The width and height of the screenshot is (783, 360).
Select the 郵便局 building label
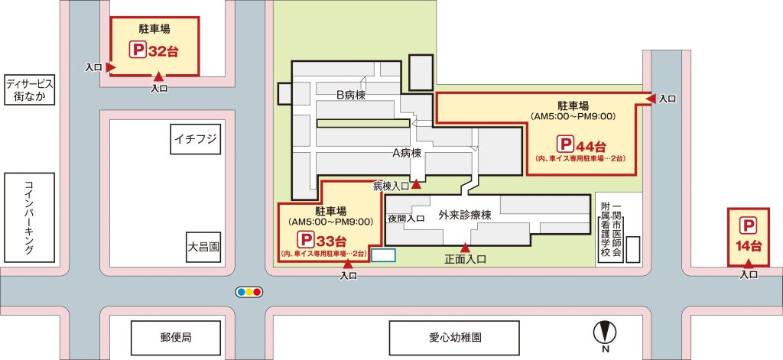[x=177, y=336]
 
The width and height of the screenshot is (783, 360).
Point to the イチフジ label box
[x=197, y=139]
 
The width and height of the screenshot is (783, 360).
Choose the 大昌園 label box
[x=203, y=247]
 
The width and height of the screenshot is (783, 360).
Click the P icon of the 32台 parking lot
[x=135, y=52]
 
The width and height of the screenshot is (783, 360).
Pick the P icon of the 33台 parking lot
[x=305, y=239]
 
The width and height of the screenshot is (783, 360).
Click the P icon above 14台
[x=749, y=225]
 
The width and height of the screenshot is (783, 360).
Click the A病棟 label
[x=407, y=153]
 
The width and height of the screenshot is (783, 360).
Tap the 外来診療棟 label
[x=464, y=216]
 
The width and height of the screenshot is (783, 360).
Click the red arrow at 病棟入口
[x=416, y=184]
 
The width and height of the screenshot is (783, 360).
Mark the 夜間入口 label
[x=405, y=219]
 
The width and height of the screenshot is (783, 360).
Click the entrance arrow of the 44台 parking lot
[x=651, y=99]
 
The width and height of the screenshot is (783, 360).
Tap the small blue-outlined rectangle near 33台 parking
[x=383, y=255]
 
